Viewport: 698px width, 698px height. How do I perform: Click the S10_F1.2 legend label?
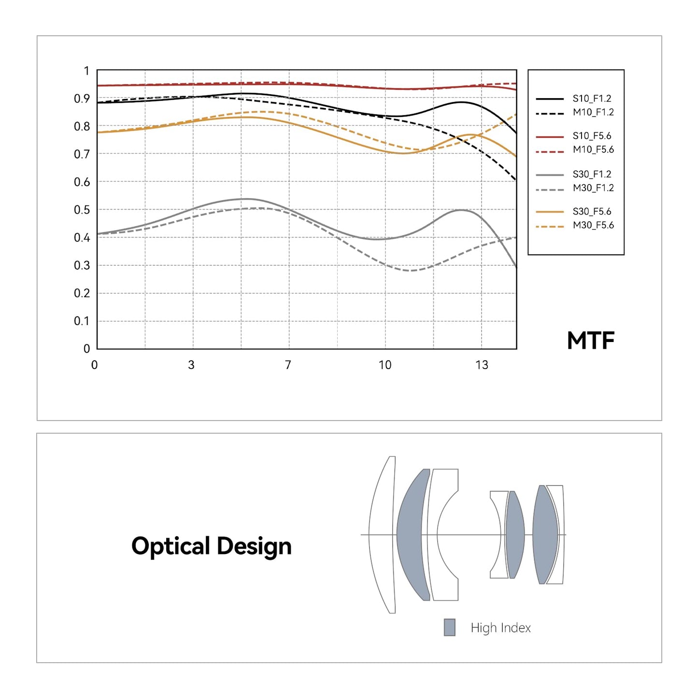pyautogui.click(x=592, y=99)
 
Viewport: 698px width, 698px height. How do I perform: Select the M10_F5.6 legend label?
pyautogui.click(x=593, y=150)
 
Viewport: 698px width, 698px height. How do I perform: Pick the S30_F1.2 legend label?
pyautogui.click(x=592, y=174)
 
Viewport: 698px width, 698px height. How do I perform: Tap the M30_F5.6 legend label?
pyautogui.click(x=593, y=225)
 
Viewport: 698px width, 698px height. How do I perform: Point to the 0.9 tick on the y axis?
pyautogui.click(x=82, y=99)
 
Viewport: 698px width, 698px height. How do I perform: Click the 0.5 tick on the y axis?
pyautogui.click(x=82, y=210)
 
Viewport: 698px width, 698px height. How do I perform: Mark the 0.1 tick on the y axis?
pyautogui.click(x=82, y=321)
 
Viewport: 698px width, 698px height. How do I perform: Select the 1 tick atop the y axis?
pyautogui.click(x=86, y=71)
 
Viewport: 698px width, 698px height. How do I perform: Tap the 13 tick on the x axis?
pyautogui.click(x=482, y=365)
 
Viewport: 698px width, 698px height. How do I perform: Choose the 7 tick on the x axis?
pyautogui.click(x=288, y=365)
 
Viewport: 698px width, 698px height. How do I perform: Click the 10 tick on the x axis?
pyautogui.click(x=385, y=365)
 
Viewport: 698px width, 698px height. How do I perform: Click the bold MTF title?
pyautogui.click(x=590, y=341)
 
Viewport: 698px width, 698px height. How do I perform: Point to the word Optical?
pyautogui.click(x=171, y=547)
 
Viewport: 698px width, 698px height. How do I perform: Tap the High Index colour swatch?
pyautogui.click(x=450, y=627)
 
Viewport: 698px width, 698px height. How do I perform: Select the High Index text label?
pyautogui.click(x=500, y=628)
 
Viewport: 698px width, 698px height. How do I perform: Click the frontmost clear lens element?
pyautogui.click(x=382, y=535)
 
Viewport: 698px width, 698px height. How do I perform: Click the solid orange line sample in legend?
pyautogui.click(x=550, y=212)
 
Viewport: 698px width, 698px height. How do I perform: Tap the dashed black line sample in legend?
pyautogui.click(x=550, y=114)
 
